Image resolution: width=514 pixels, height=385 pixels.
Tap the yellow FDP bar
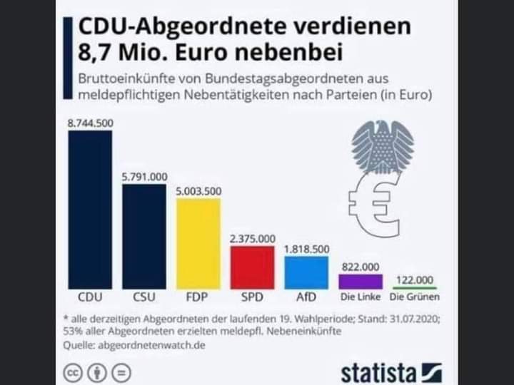(x=198, y=242)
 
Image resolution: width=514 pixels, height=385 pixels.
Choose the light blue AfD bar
(x=306, y=272)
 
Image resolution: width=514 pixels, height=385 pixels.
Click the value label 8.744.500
(x=90, y=123)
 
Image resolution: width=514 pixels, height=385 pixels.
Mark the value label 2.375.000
(x=253, y=239)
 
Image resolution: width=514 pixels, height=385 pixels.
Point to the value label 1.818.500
(x=306, y=250)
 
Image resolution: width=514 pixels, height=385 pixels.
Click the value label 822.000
(x=361, y=266)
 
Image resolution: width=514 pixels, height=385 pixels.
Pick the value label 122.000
(x=415, y=279)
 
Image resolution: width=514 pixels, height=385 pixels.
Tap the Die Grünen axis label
(x=415, y=297)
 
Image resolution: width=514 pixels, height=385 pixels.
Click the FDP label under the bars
(x=198, y=297)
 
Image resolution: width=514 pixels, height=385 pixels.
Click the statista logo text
(x=378, y=372)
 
